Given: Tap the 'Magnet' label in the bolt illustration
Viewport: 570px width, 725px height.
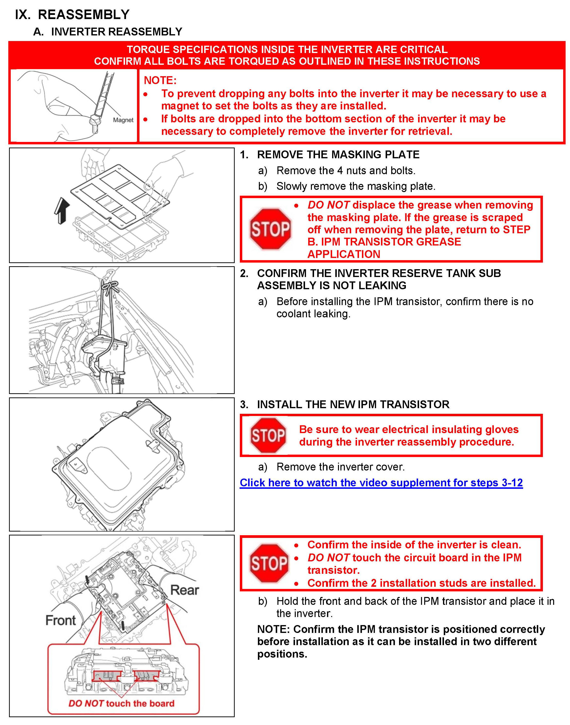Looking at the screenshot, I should click(123, 120).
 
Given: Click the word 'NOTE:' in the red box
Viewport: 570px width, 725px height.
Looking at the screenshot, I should click(160, 80).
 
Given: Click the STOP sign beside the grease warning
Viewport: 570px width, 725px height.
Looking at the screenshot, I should click(270, 229).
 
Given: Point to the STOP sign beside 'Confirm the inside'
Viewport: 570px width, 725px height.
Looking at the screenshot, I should click(269, 564).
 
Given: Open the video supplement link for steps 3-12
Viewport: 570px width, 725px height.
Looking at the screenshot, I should click(381, 483).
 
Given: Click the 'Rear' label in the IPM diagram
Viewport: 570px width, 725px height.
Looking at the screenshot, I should click(185, 590).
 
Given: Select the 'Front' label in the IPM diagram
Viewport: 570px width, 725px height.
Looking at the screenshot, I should click(61, 620).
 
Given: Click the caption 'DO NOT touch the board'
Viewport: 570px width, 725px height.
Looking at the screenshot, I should click(121, 703).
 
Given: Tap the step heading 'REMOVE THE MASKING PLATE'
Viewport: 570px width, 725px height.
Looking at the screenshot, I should click(338, 155).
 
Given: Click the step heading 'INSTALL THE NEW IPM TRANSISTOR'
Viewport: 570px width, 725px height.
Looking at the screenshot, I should click(353, 404).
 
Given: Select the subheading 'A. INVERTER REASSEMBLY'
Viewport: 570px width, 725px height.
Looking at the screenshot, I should click(108, 32).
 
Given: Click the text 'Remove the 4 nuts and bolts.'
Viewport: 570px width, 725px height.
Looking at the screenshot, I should click(346, 171).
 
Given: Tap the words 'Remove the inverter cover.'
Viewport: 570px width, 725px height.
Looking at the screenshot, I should click(340, 467).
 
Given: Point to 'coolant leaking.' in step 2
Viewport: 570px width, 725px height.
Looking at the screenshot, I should click(313, 314).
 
